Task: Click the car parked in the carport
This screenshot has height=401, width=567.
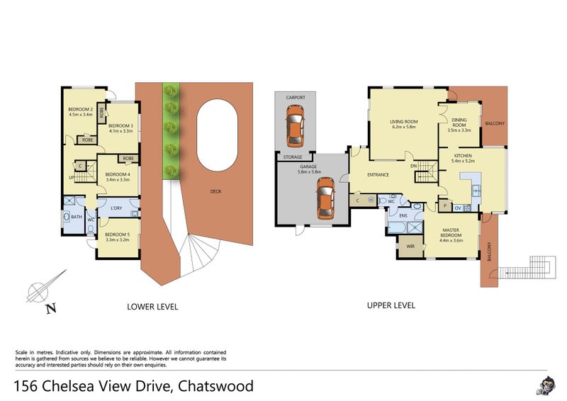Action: point(294,125)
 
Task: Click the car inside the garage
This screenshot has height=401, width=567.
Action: point(325,197)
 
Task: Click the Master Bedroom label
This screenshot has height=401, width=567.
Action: point(451,233)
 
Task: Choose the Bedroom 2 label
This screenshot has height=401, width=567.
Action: point(80,110)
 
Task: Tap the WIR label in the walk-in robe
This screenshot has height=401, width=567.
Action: point(410,247)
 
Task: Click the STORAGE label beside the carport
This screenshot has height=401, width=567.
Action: point(293,157)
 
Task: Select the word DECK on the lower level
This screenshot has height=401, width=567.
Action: point(215,191)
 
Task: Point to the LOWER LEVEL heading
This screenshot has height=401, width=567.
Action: point(152,307)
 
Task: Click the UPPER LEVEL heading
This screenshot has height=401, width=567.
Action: point(391,305)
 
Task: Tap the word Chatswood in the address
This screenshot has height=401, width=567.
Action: point(215,386)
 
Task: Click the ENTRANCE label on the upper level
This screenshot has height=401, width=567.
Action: point(377,174)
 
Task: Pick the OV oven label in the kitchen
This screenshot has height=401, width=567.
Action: point(457,207)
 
